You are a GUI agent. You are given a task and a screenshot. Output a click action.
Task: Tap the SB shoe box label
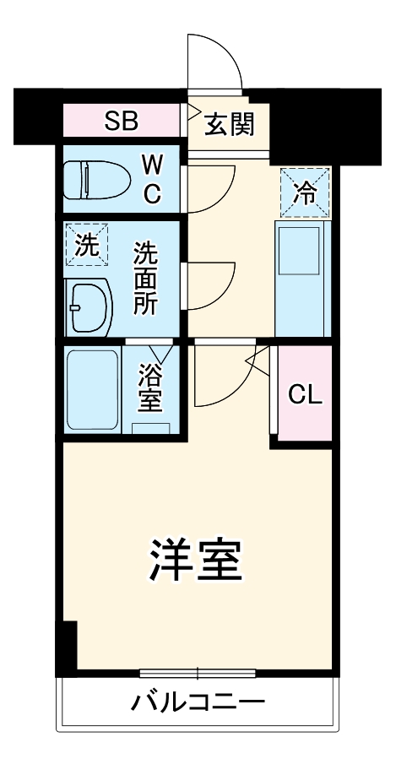coord(122,122)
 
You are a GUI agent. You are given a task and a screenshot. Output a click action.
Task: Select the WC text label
coord(151,177)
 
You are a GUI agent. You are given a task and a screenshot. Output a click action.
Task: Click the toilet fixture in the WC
coord(97,178)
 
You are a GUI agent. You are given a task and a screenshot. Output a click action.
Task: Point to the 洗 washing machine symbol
coord(88,244)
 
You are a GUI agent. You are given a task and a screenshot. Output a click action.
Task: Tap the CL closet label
coord(305,393)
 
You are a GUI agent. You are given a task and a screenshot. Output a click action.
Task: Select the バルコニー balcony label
coord(198,702)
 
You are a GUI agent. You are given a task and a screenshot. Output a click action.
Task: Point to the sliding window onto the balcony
coord(198,673)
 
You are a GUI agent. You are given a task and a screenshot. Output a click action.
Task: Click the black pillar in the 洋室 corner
coord(67,646)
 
